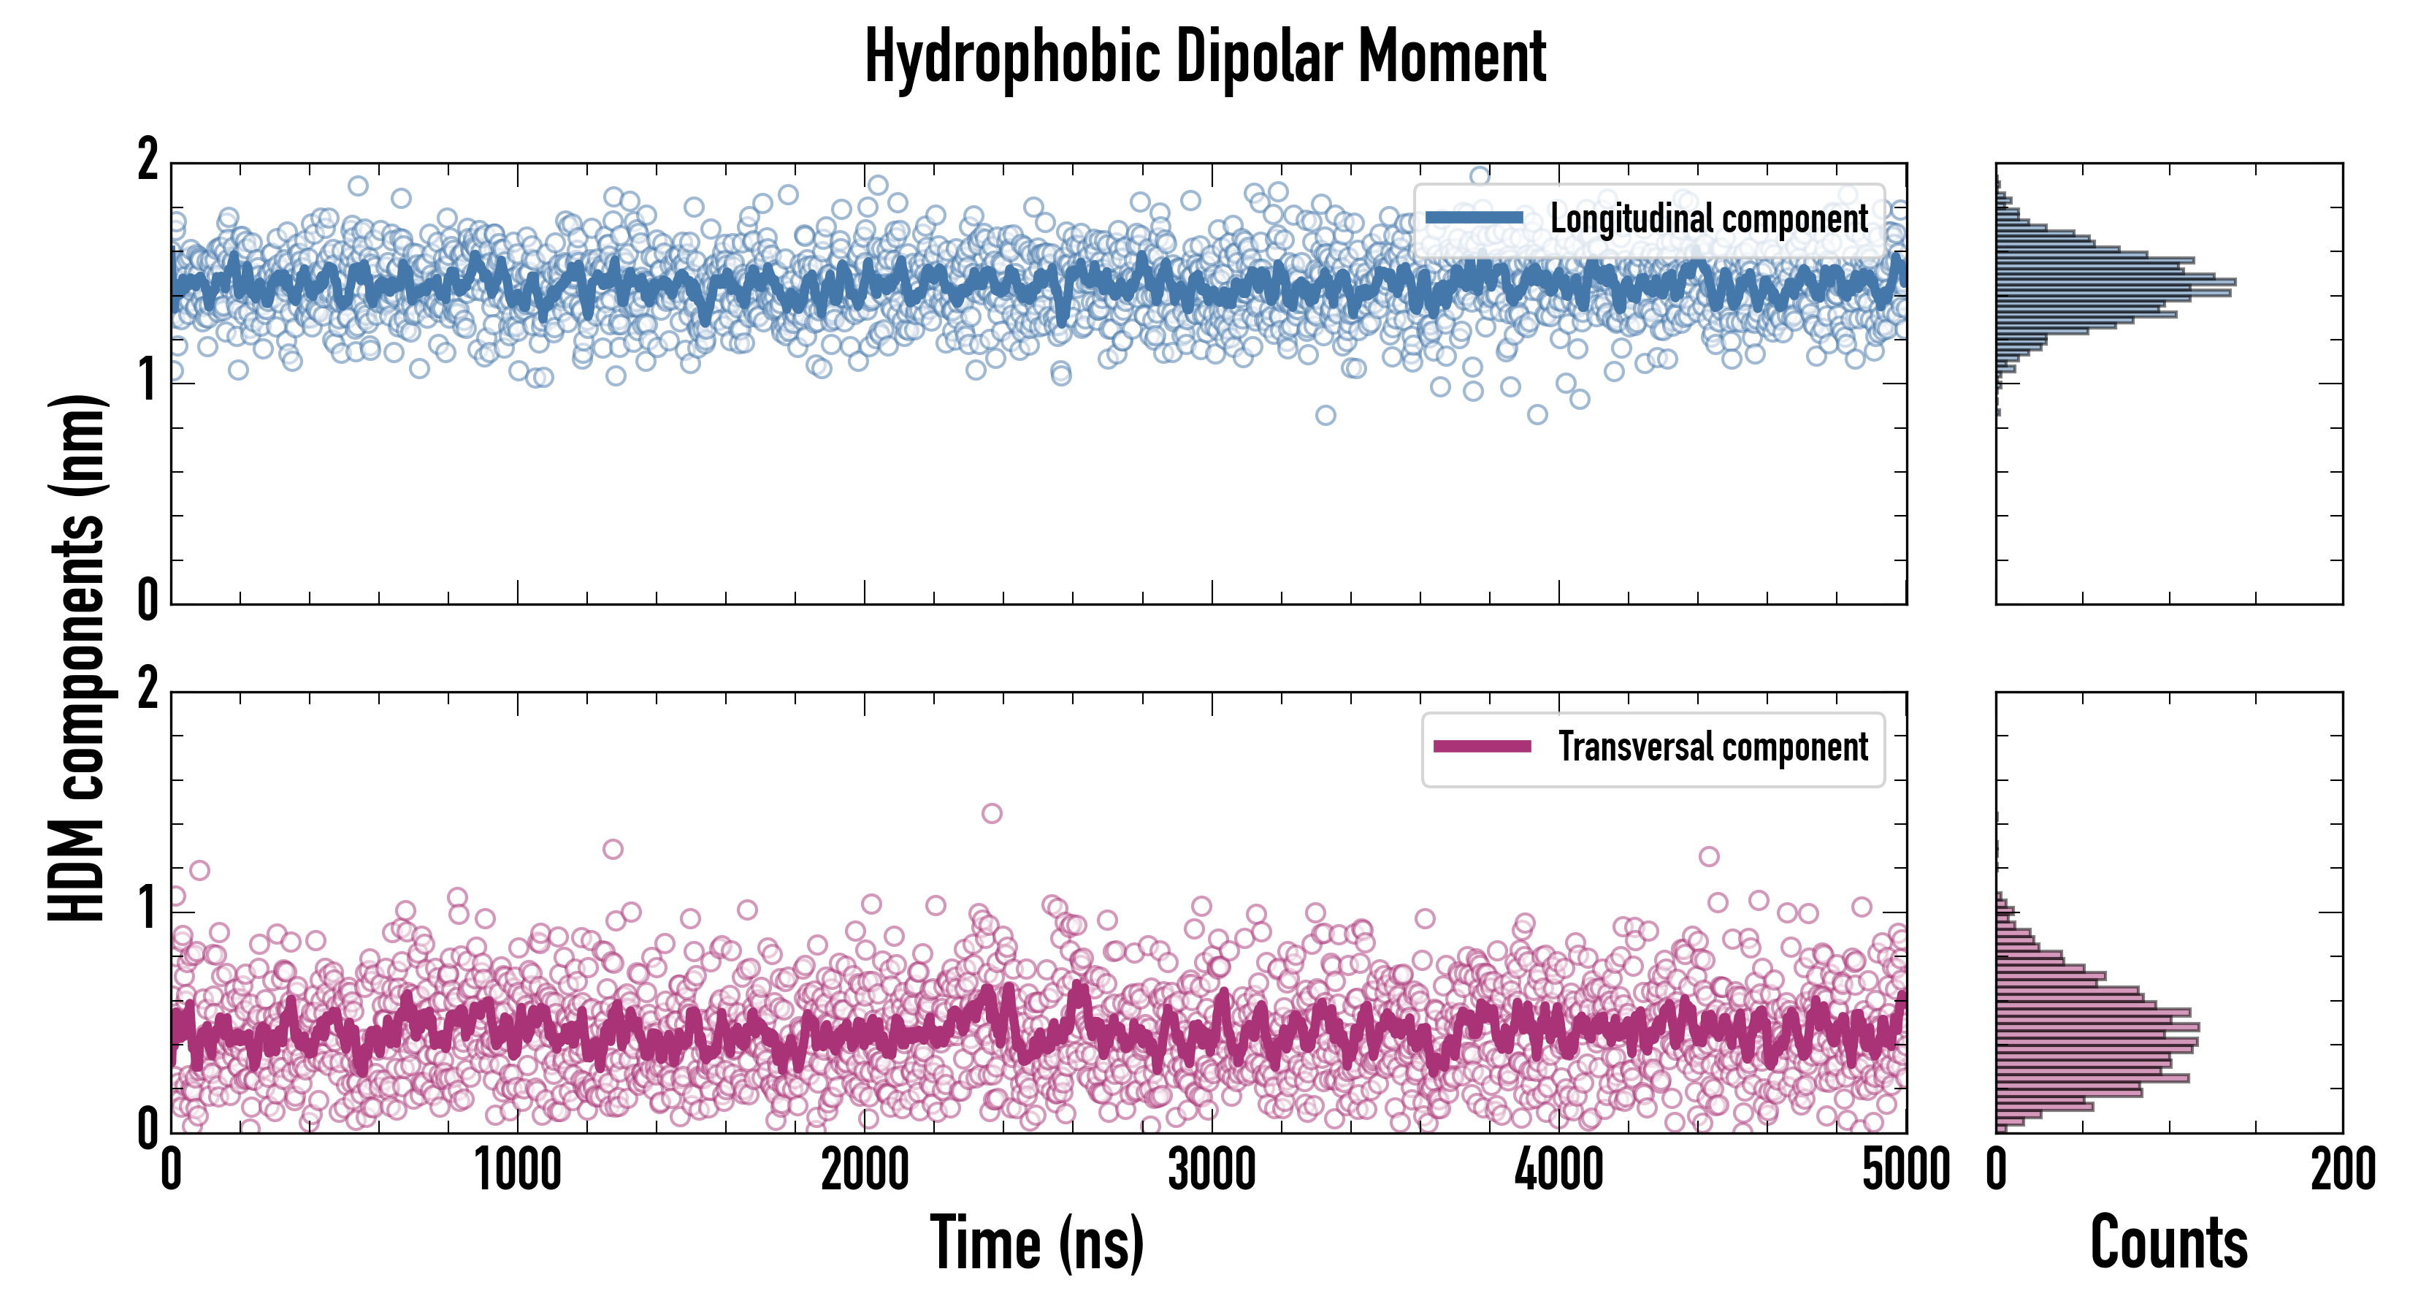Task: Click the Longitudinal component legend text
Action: pos(1708,219)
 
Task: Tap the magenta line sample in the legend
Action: pos(1482,747)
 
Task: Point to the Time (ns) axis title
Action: pos(1036,1243)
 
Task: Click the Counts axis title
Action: pos(2168,1243)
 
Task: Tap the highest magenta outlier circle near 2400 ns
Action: pos(992,813)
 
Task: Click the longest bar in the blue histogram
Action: pos(2115,282)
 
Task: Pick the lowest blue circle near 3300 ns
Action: pos(1325,416)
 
